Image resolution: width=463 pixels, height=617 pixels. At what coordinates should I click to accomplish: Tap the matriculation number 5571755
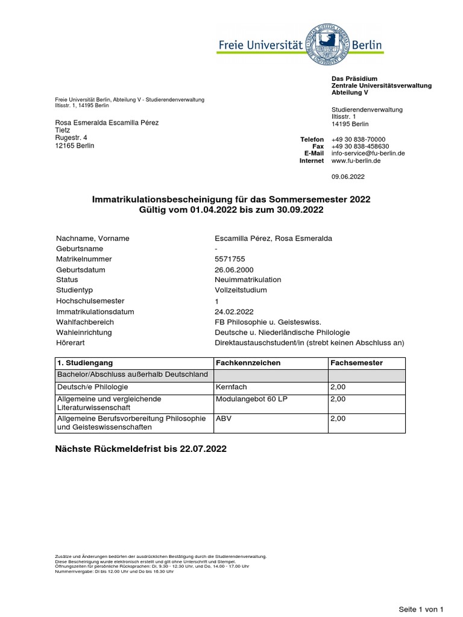227,259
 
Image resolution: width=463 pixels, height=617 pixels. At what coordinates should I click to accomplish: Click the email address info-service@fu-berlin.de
368,154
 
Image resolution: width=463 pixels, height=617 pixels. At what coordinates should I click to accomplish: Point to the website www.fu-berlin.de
356,161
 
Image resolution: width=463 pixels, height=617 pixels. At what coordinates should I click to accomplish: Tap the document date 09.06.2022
348,177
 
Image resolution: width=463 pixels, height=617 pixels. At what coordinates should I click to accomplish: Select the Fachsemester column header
356,363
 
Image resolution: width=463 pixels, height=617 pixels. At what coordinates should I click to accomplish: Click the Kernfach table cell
231,387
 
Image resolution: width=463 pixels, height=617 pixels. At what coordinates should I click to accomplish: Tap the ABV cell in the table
223,417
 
